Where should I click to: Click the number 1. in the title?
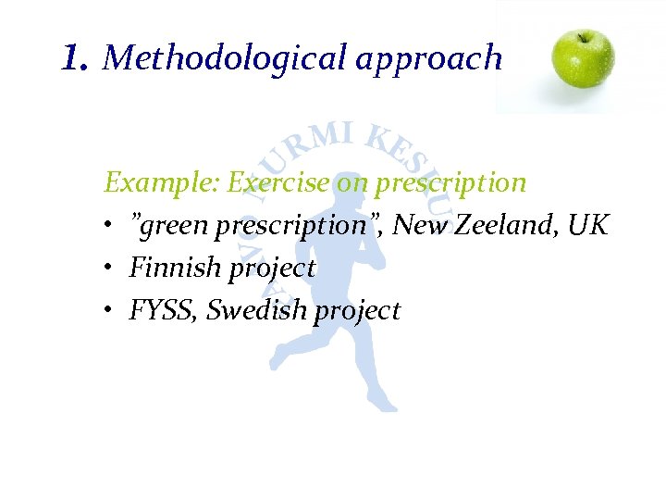pos(75,59)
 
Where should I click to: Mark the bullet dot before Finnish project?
pos(108,269)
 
